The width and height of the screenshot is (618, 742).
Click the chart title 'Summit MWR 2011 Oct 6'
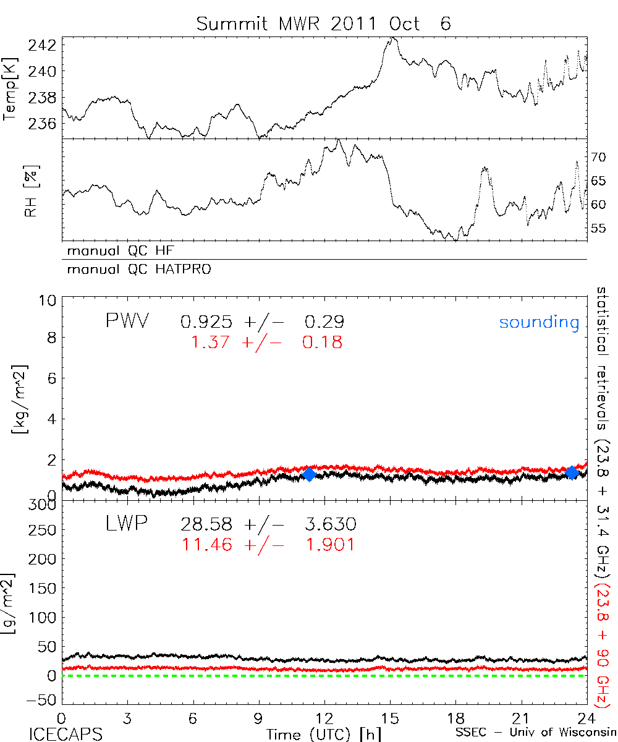pyautogui.click(x=324, y=23)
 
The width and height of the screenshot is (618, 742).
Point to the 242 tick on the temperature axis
pyautogui.click(x=44, y=45)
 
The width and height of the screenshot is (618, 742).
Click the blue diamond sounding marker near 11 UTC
pyautogui.click(x=309, y=474)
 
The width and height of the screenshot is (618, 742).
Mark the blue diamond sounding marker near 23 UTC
pyautogui.click(x=572, y=472)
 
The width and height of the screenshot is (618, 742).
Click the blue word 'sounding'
pyautogui.click(x=539, y=322)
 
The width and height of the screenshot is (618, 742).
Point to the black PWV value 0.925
pyautogui.click(x=206, y=322)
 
